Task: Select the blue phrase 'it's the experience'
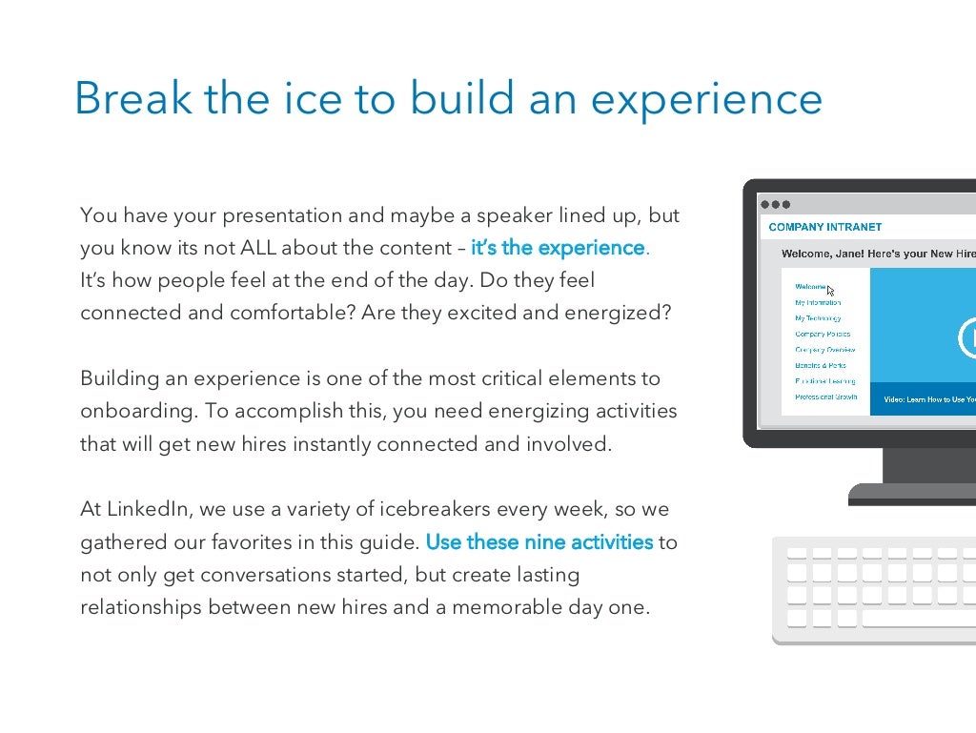pyautogui.click(x=559, y=248)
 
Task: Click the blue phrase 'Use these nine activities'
pyautogui.click(x=539, y=542)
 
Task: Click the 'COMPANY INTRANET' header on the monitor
pyautogui.click(x=824, y=228)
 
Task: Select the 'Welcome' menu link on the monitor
pyautogui.click(x=811, y=286)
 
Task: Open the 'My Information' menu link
pyautogui.click(x=818, y=302)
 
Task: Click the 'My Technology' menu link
pyautogui.click(x=818, y=318)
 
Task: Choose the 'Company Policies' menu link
pyautogui.click(x=823, y=335)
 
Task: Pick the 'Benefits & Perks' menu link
pyautogui.click(x=820, y=365)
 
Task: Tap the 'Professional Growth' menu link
pyautogui.click(x=825, y=397)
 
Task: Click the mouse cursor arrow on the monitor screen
pyautogui.click(x=831, y=292)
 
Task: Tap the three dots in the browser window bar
pyautogui.click(x=775, y=204)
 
